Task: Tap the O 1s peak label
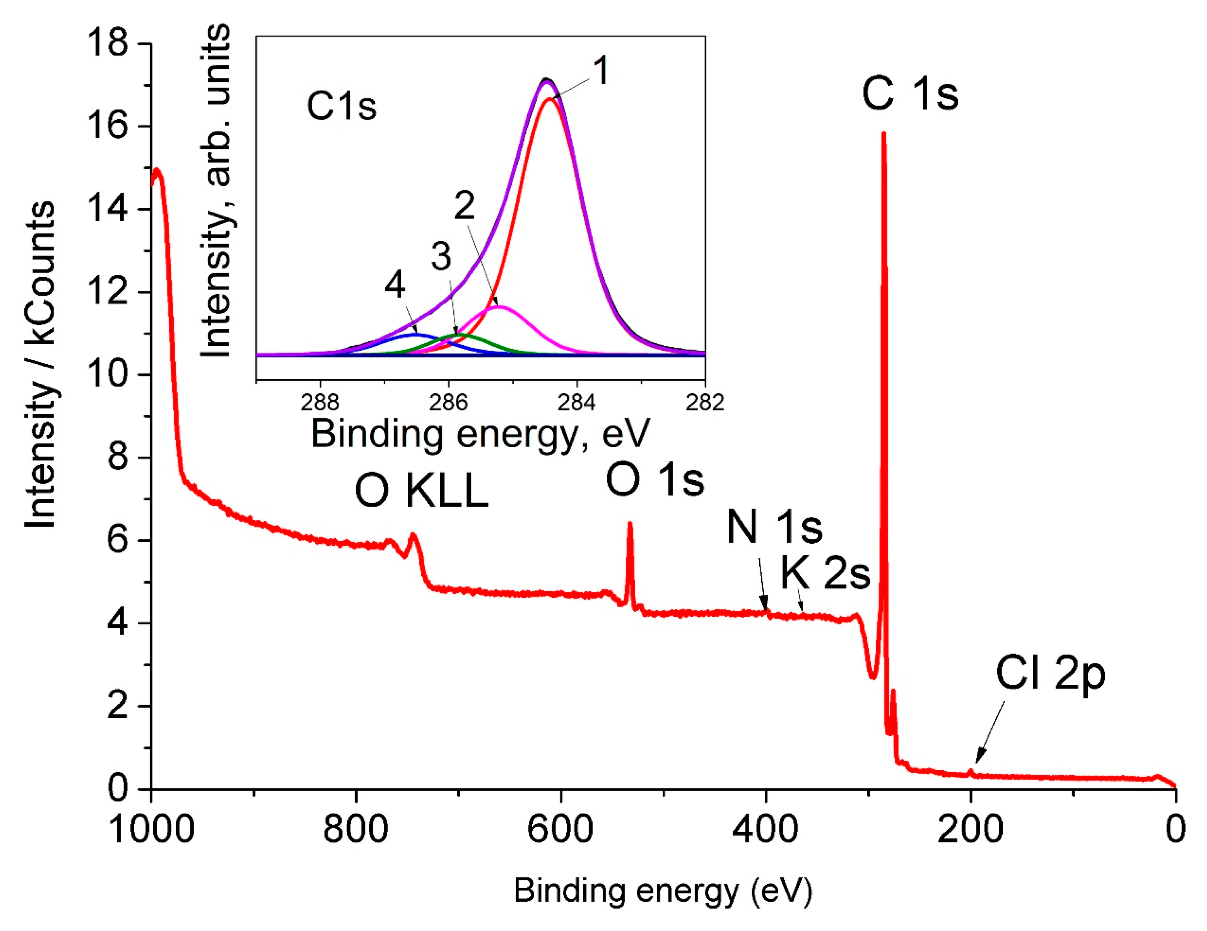click(655, 479)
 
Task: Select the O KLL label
click(422, 491)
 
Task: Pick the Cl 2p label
click(1050, 674)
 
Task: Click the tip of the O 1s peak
click(630, 524)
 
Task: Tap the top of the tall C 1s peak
click(884, 134)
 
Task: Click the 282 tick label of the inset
click(704, 402)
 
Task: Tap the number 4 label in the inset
click(394, 285)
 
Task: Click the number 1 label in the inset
click(601, 71)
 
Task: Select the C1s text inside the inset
click(342, 106)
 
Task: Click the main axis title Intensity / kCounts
click(40, 364)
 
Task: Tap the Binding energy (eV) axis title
click(663, 890)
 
